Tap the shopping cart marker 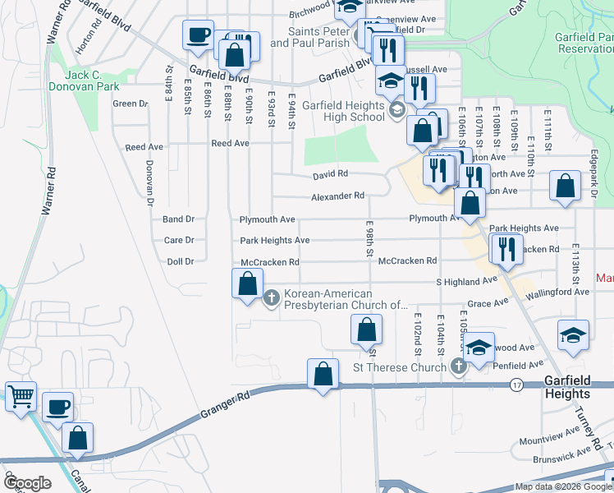click(21, 396)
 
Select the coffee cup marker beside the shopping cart click(57, 407)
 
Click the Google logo click(27, 483)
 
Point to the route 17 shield click(515, 384)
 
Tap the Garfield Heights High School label click(342, 111)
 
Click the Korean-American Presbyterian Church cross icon click(273, 298)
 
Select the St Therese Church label click(399, 366)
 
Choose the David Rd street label click(330, 174)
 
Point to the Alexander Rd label click(337, 196)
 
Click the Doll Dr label click(178, 261)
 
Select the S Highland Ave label click(467, 281)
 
